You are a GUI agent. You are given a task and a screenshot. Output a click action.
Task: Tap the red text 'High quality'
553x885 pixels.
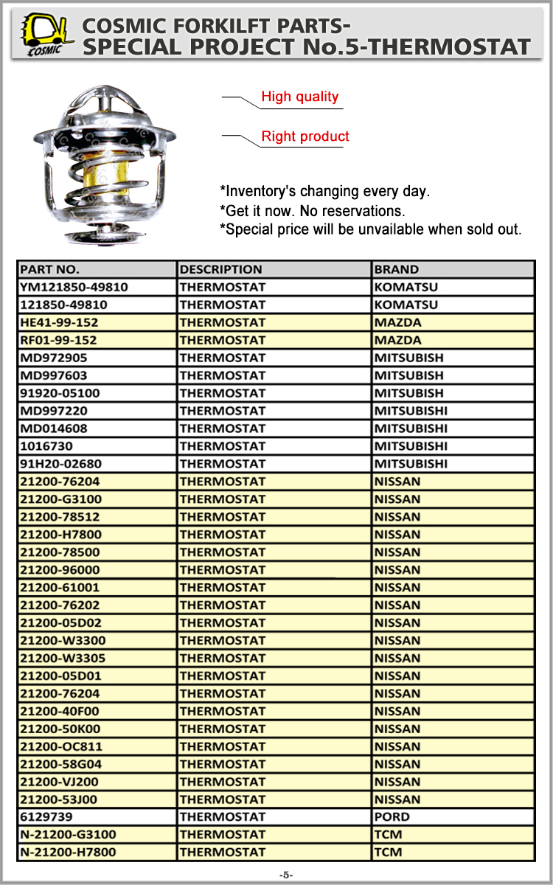[x=300, y=97]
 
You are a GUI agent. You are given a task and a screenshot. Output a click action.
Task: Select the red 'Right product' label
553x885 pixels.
[x=305, y=136]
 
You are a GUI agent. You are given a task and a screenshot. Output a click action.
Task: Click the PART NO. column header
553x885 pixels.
[x=49, y=269]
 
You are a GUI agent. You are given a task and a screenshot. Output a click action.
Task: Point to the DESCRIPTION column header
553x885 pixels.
[x=220, y=269]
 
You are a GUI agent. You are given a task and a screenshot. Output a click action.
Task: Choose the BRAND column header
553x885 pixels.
[x=396, y=269]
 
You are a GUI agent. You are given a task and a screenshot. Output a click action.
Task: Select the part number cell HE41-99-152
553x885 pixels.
[x=59, y=322]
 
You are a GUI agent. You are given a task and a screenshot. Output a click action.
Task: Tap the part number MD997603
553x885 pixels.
[x=49, y=375]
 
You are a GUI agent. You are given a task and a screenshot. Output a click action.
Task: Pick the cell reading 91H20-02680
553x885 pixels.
[x=60, y=464]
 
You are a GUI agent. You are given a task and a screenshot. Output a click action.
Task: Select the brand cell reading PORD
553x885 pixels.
[x=392, y=817]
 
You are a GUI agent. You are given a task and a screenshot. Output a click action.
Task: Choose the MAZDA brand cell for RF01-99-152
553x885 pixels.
[x=397, y=340]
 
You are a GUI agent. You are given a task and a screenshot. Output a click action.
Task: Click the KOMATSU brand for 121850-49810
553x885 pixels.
[x=406, y=305]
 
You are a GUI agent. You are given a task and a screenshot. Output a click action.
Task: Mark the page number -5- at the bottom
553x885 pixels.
[x=285, y=875]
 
